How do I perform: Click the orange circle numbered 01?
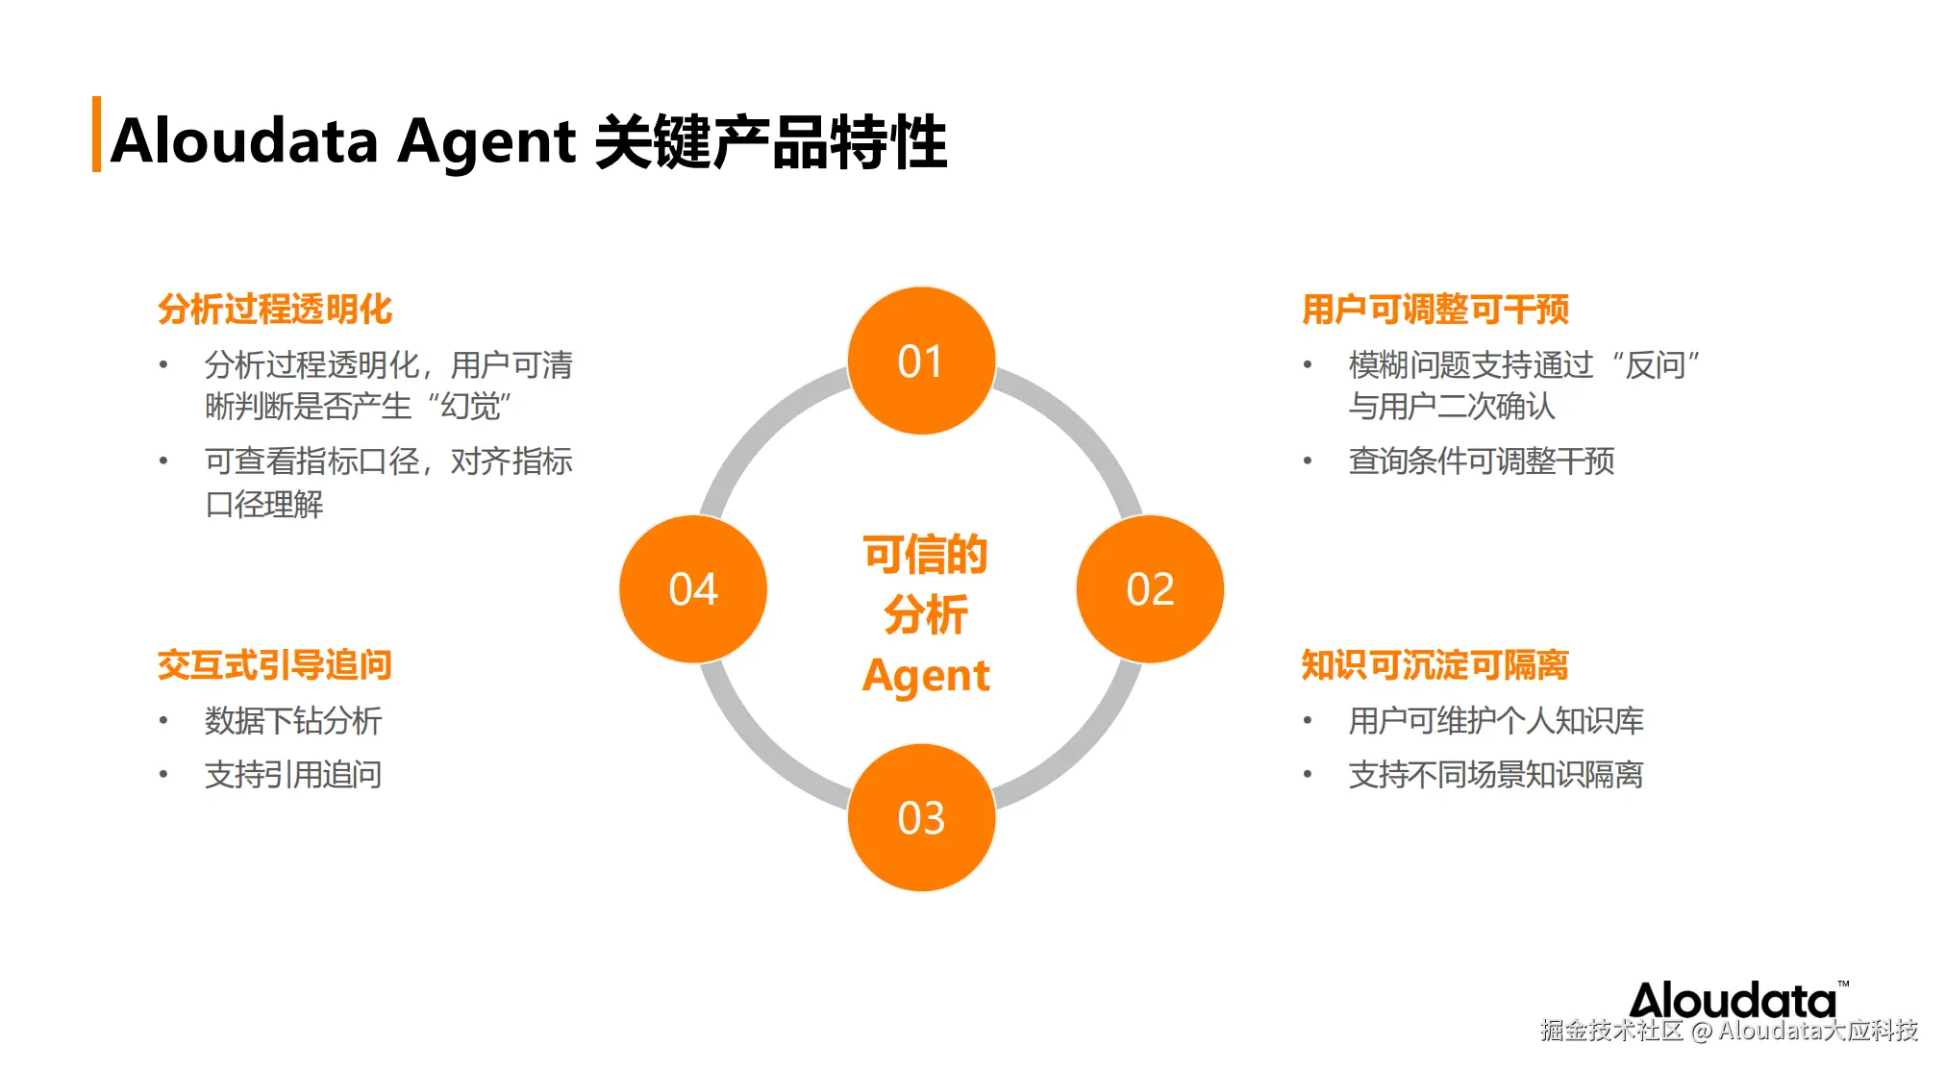[x=921, y=361]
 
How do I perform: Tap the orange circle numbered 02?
[x=1150, y=588]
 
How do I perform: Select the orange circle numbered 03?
[x=921, y=817]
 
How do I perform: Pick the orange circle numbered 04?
[x=693, y=588]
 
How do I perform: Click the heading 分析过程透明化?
[x=275, y=309]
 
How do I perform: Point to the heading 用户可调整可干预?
[x=1435, y=309]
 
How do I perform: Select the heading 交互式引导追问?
[x=275, y=664]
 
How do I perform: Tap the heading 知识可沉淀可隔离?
[x=1435, y=664]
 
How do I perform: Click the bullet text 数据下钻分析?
[x=293, y=720]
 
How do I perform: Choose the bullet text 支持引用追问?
[x=293, y=774]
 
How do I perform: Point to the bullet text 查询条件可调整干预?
[x=1481, y=461]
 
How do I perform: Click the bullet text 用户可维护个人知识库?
[x=1496, y=720]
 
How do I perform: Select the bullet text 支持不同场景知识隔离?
[x=1496, y=774]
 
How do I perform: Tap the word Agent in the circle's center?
[x=925, y=675]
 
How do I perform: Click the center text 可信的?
[x=925, y=555]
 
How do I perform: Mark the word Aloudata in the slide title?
[x=244, y=140]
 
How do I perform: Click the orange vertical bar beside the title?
[x=96, y=135]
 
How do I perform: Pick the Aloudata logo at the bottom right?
[x=1734, y=1000]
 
